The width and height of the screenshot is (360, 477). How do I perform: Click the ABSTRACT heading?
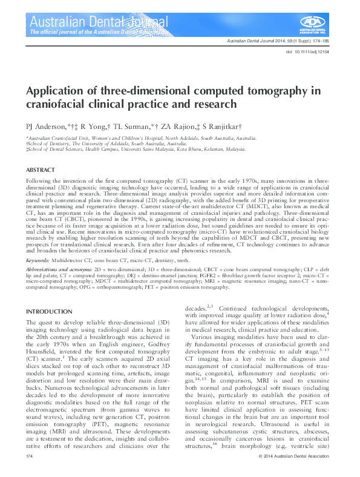click(41, 171)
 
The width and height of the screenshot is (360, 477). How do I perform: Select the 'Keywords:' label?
click(38, 260)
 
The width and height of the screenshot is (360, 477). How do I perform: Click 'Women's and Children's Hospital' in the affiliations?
click(138, 138)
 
